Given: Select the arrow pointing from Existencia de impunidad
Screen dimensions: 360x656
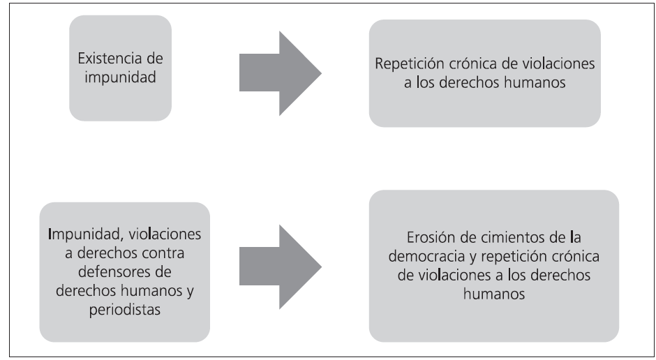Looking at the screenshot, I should [x=280, y=73].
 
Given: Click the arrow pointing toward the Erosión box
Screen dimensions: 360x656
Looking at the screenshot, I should [x=280, y=266].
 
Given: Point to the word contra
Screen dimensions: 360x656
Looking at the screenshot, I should [x=168, y=250].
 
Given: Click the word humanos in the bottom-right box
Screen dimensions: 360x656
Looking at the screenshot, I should [x=493, y=295].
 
